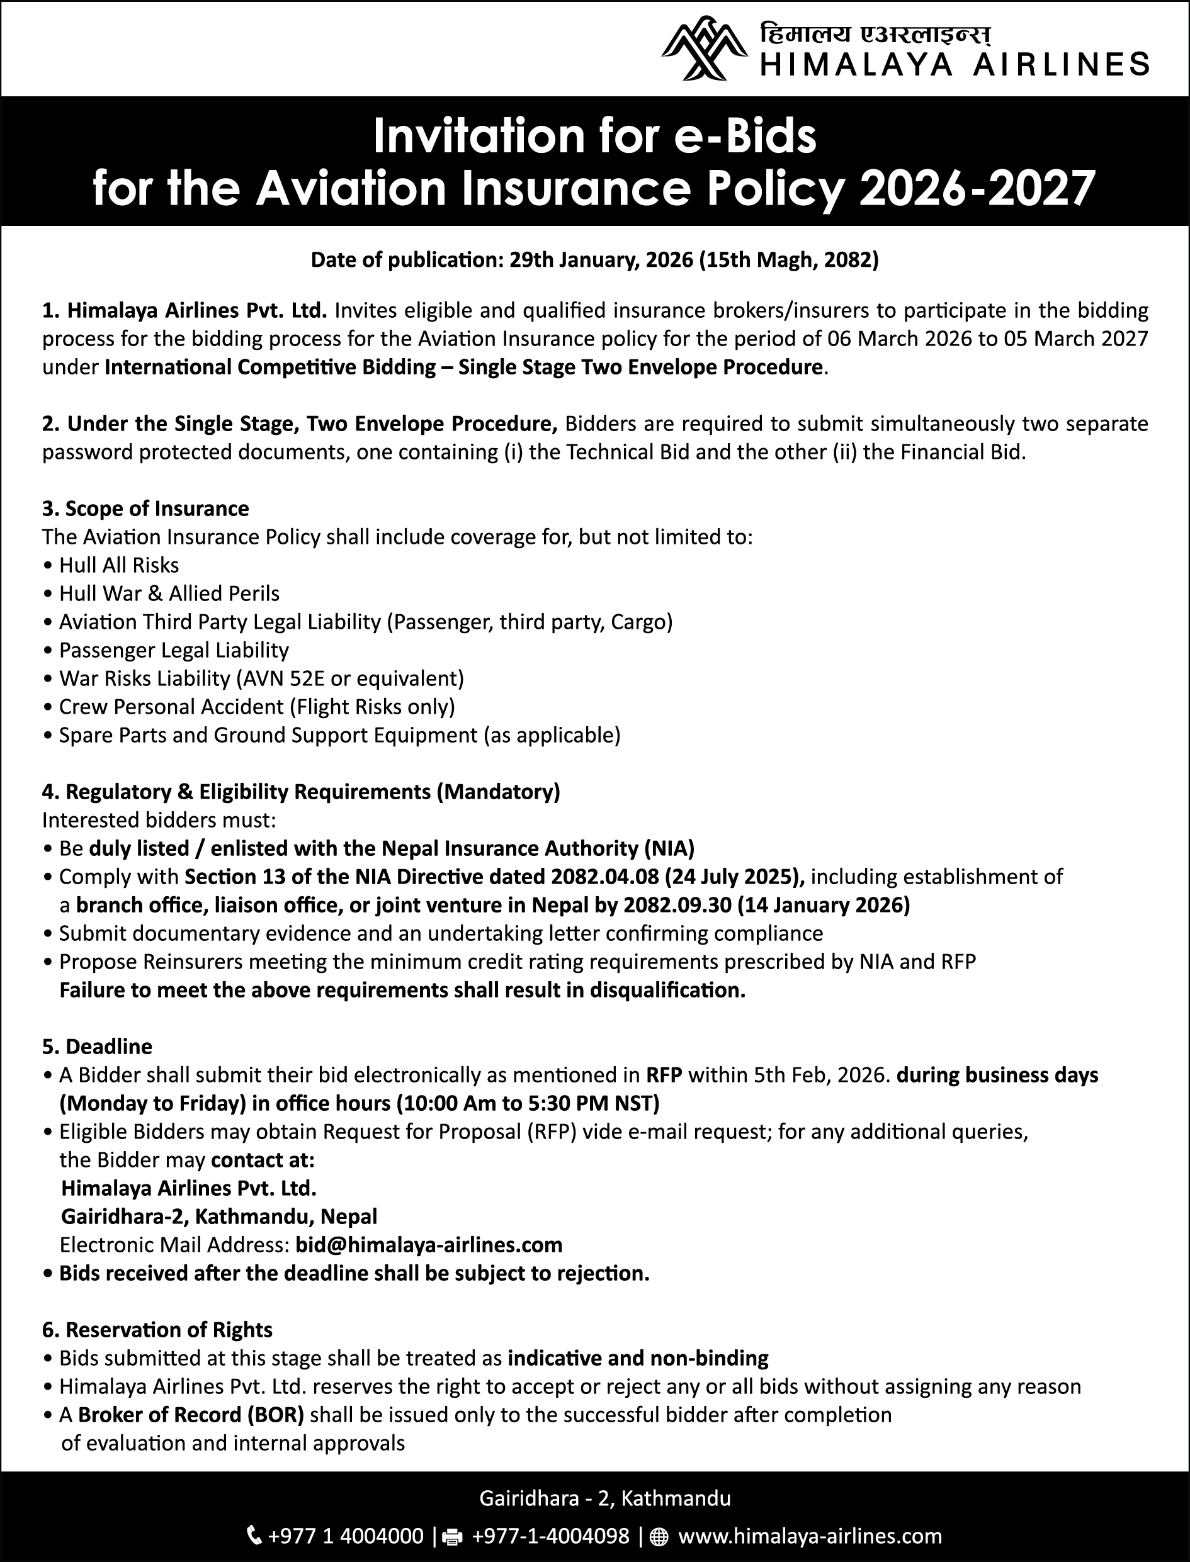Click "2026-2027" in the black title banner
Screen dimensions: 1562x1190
tap(977, 188)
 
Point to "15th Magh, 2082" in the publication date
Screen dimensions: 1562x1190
tap(788, 261)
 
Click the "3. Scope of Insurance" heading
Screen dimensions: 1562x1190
tap(145, 508)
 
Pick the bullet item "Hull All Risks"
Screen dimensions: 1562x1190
tap(119, 565)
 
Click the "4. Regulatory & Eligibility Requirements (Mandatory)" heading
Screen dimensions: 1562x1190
tap(301, 792)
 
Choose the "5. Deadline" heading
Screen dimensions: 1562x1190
tap(97, 1047)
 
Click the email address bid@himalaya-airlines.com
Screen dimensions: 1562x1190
tap(429, 1245)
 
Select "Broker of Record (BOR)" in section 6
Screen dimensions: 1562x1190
tap(191, 1415)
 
